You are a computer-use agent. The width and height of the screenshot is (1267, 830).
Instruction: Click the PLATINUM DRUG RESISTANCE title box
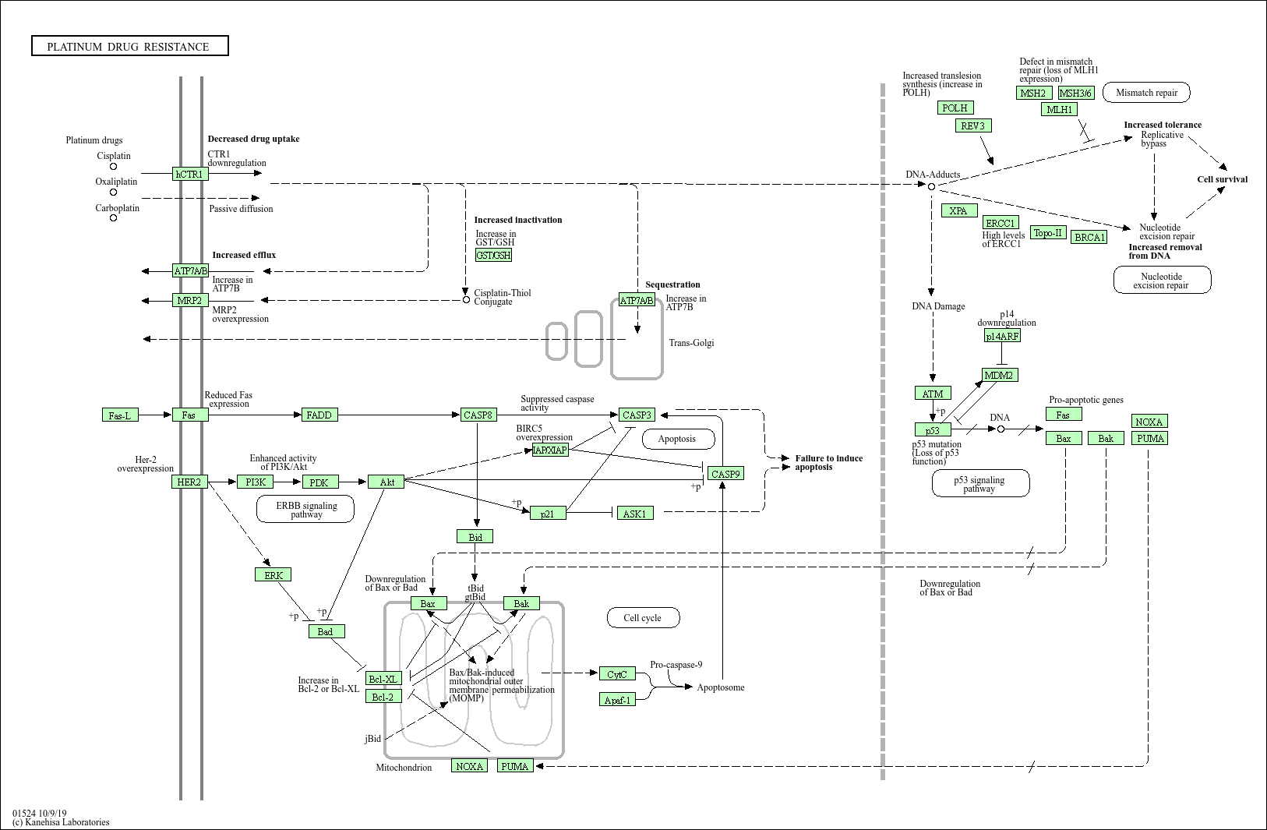(x=130, y=46)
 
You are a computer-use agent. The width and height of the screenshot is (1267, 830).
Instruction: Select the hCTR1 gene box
(x=190, y=174)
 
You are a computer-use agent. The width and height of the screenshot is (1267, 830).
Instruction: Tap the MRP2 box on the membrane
(x=190, y=300)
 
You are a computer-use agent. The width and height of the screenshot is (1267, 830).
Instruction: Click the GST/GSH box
(x=494, y=255)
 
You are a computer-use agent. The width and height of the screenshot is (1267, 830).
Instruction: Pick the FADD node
(x=319, y=415)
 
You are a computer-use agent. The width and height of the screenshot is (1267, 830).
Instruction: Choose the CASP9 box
(x=725, y=474)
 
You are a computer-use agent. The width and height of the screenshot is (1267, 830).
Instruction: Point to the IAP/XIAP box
(x=550, y=450)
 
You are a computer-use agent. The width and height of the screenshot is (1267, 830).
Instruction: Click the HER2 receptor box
(x=189, y=482)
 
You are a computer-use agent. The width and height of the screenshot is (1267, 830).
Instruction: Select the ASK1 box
(x=635, y=513)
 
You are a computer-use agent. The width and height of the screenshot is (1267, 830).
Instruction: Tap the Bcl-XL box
(x=383, y=678)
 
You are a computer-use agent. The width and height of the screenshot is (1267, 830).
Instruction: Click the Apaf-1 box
(x=617, y=700)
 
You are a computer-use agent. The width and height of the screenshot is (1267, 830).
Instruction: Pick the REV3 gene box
(x=973, y=125)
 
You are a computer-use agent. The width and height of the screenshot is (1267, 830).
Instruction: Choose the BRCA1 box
(x=1089, y=237)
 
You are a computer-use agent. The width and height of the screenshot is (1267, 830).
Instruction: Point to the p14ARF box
(x=1002, y=336)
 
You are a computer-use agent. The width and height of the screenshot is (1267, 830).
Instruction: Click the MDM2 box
(x=1000, y=375)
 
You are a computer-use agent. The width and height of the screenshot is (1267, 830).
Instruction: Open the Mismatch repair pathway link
(x=1146, y=92)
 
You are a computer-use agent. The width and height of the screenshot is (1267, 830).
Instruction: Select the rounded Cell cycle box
(x=643, y=617)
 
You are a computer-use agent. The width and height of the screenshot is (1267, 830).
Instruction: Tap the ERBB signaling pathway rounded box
(x=305, y=509)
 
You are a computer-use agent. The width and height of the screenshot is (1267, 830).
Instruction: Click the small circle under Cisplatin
(x=113, y=166)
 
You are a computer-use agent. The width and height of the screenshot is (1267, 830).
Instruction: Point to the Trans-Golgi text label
(x=691, y=343)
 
